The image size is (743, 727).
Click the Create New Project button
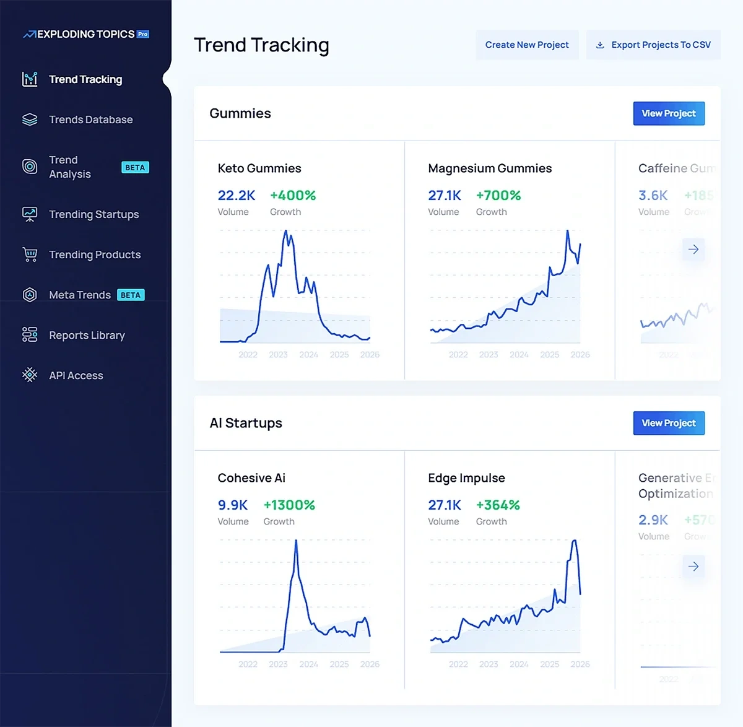[x=527, y=45]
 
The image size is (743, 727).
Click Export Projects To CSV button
[x=653, y=45]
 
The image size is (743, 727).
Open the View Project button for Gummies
[x=669, y=113]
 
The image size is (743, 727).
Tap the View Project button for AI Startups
[x=669, y=423]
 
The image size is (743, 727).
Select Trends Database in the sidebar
[x=90, y=120]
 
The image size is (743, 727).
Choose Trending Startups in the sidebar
[x=93, y=214]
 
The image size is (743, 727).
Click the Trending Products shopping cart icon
[x=30, y=255]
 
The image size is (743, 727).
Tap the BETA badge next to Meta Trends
[x=131, y=295]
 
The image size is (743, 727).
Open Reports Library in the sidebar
[x=87, y=335]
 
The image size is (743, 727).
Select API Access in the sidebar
[x=76, y=375]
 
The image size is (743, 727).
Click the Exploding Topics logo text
[x=85, y=34]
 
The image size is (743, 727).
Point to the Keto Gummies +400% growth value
[x=293, y=195]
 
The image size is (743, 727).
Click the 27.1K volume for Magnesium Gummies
[x=445, y=195]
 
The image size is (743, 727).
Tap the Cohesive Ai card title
[x=251, y=477]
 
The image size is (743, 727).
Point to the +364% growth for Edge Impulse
[x=498, y=505]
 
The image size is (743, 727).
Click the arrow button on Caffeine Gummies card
[x=693, y=250]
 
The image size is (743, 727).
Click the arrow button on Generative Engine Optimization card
[x=693, y=566]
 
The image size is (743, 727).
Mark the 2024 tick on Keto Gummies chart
[x=308, y=355]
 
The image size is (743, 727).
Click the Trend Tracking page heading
[x=261, y=45]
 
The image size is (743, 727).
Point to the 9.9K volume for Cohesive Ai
[x=233, y=505]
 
